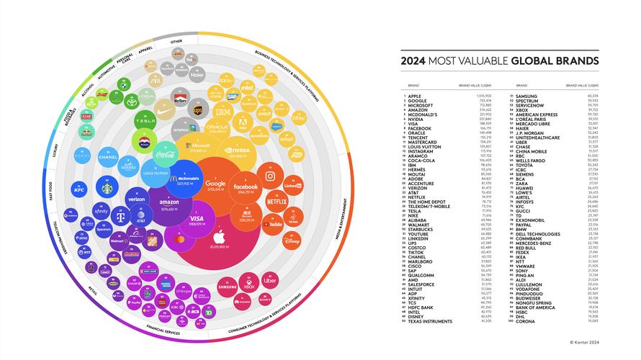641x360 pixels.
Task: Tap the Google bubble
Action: click(x=215, y=188)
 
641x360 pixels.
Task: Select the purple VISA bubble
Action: click(x=195, y=220)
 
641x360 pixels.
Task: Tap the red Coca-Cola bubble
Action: click(x=163, y=152)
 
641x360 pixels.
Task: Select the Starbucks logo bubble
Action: click(x=107, y=189)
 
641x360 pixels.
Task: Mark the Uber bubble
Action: click(x=270, y=282)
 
